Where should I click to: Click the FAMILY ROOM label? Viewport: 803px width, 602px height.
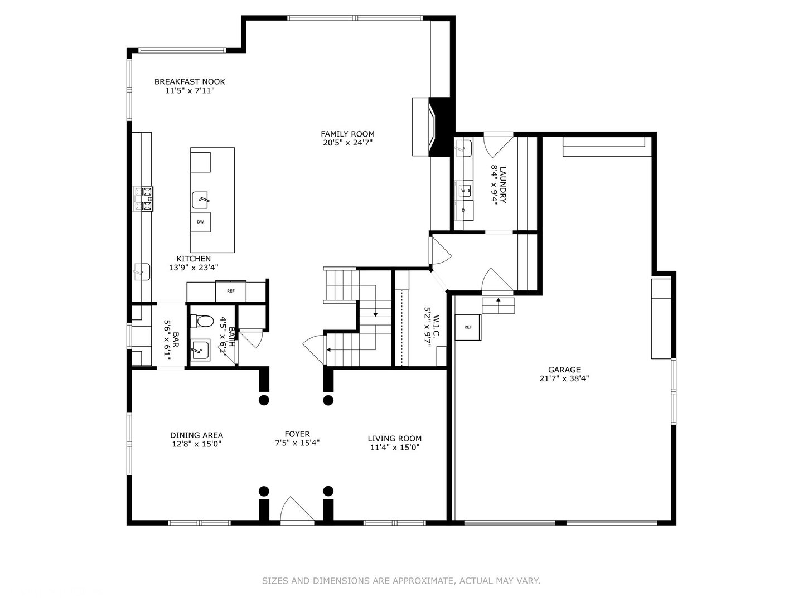(x=347, y=134)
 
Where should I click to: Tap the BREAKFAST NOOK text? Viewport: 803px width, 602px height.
(x=190, y=81)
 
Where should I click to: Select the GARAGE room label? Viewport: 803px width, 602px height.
(x=564, y=370)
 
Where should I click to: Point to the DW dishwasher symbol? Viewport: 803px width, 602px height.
(x=201, y=222)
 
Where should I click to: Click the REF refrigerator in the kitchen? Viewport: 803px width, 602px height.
(x=230, y=291)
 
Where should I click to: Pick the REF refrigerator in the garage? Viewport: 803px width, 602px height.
(x=468, y=327)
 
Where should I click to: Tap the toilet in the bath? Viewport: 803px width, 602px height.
(x=202, y=321)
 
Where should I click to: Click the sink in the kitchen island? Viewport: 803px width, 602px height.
(x=200, y=200)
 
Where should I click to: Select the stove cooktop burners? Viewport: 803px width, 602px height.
(x=143, y=199)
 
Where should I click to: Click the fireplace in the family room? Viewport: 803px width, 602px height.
(x=433, y=127)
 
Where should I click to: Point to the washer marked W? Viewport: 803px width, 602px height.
(x=464, y=191)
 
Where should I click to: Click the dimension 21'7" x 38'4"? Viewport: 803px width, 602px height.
(x=564, y=378)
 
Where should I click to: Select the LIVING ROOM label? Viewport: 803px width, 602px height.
(x=394, y=438)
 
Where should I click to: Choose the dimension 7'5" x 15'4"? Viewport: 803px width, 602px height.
(x=297, y=443)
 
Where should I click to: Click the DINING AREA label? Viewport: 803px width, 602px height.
(x=196, y=435)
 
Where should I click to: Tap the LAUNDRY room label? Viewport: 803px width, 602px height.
(x=503, y=185)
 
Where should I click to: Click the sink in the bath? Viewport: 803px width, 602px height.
(x=200, y=350)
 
